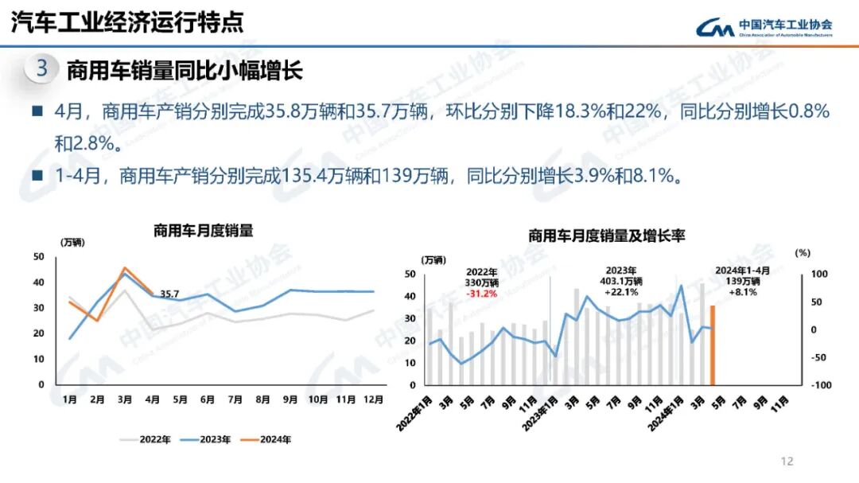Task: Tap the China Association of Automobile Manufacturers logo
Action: tap(764, 28)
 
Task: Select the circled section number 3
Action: tap(42, 69)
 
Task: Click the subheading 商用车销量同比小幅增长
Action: tap(185, 70)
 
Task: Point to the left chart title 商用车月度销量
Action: tap(203, 231)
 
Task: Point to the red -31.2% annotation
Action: tap(481, 293)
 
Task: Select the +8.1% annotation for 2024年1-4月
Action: tap(741, 292)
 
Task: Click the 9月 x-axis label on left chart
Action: tap(290, 399)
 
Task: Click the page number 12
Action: tap(787, 461)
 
